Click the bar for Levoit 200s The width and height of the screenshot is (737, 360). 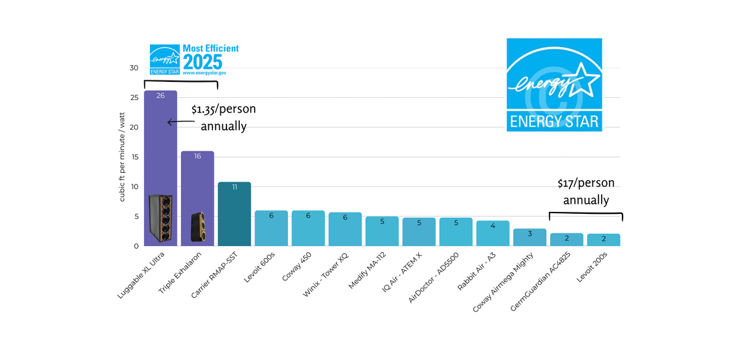pyautogui.click(x=604, y=241)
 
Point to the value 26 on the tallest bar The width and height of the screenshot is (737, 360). pyautogui.click(x=161, y=96)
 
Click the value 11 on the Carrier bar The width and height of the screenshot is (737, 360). pyautogui.click(x=234, y=187)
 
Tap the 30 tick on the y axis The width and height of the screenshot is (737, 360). pyautogui.click(x=134, y=68)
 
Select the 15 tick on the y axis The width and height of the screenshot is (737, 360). pyautogui.click(x=134, y=157)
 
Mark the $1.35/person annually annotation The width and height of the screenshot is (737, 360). pyautogui.click(x=224, y=117)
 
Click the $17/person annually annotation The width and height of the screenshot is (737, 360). pyautogui.click(x=586, y=192)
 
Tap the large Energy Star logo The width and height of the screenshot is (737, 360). pyautogui.click(x=554, y=84)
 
